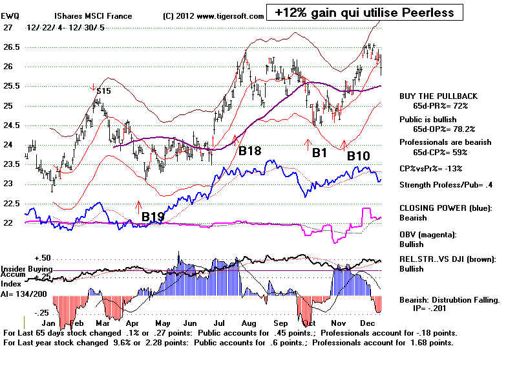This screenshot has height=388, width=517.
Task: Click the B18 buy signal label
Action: coord(249,151)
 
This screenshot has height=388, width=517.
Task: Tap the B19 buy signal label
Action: coord(153,217)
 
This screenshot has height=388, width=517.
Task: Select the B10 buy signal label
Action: coord(359,156)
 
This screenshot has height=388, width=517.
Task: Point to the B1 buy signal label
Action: coord(319,152)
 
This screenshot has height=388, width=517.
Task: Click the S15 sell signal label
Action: coord(103,92)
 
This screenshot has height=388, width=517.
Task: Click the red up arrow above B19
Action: coord(138,206)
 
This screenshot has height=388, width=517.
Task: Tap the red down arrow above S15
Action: coord(93,86)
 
